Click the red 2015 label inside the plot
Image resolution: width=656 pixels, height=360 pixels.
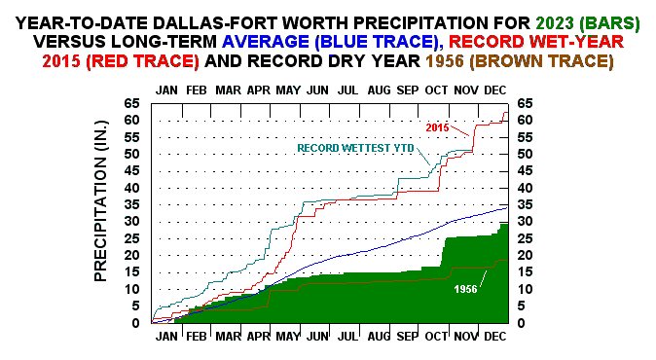439,126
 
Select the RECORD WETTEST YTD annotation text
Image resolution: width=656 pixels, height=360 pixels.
355,148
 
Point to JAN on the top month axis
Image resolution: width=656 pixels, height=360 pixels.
168,90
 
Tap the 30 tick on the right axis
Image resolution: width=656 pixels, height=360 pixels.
527,221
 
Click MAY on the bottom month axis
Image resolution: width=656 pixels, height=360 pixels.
287,336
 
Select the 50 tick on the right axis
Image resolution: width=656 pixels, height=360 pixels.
527,154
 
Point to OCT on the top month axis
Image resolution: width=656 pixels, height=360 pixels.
436,90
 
